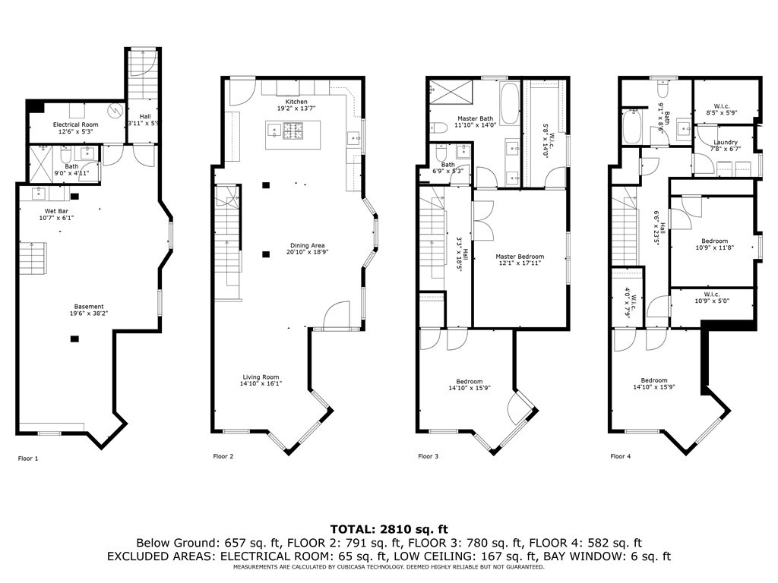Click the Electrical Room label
coord(75,124)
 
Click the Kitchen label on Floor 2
coord(296,102)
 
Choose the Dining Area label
coord(308,245)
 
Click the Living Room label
coord(261,377)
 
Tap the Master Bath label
coord(476,119)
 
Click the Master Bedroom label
coord(521,257)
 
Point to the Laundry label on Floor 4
coord(726,142)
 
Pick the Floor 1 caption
coord(28,458)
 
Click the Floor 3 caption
coord(428,456)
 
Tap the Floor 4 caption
coord(620,456)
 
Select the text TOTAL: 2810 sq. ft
coord(388,528)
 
